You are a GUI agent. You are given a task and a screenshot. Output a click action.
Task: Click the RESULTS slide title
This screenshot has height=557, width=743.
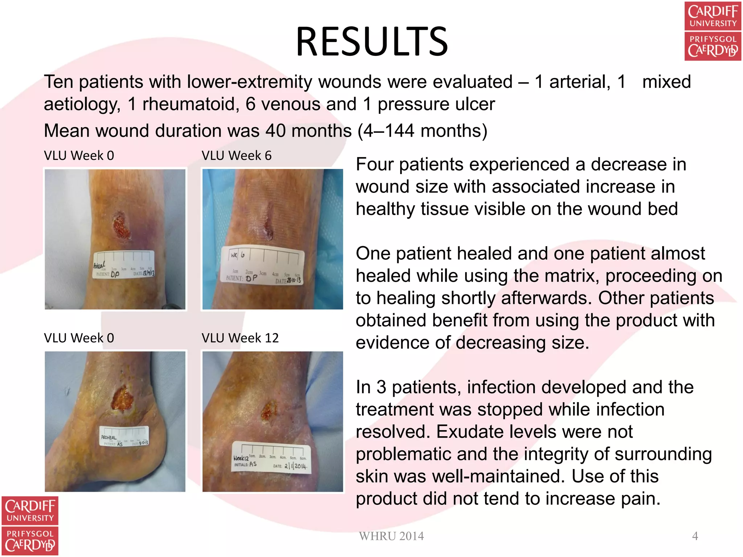[372, 42]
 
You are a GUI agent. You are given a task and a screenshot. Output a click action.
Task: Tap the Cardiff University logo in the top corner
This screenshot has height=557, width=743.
[713, 31]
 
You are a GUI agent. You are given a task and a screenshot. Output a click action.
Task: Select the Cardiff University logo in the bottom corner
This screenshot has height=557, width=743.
[30, 525]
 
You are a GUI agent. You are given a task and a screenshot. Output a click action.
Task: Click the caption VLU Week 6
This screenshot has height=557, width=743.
[237, 156]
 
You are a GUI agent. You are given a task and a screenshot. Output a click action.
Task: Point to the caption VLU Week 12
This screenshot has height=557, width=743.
[240, 338]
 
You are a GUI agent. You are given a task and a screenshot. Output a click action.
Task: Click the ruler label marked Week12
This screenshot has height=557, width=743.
[271, 458]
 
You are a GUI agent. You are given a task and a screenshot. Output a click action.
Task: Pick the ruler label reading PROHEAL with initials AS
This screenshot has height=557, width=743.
[124, 436]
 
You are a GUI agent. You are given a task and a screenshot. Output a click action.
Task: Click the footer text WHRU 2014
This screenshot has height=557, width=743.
[391, 536]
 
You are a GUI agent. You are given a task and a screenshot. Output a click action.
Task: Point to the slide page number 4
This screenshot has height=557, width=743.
[695, 536]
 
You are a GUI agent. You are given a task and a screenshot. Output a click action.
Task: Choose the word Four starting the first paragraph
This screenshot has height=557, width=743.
[374, 165]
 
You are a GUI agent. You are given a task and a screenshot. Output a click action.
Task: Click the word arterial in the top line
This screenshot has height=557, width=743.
[579, 82]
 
